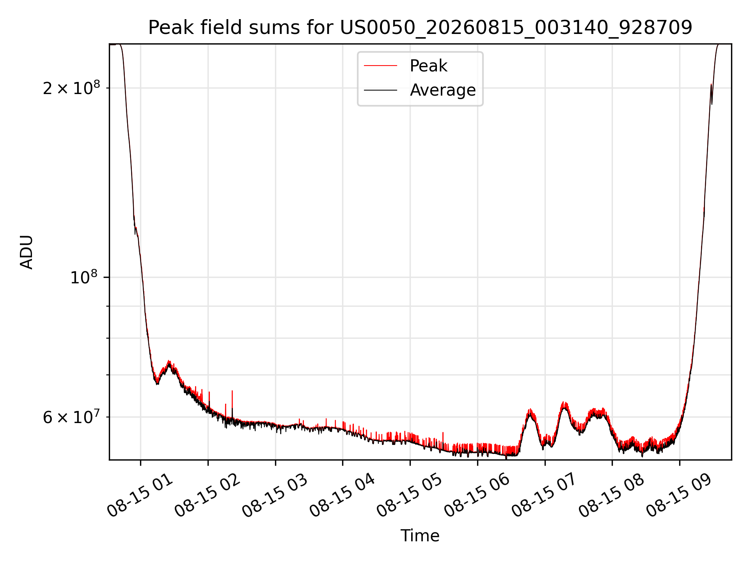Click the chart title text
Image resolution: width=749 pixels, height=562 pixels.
pos(420,28)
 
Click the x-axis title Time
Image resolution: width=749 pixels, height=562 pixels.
pos(420,536)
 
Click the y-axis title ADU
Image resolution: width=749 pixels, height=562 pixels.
pos(27,252)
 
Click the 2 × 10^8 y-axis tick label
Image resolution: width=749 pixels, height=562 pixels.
pos(71,88)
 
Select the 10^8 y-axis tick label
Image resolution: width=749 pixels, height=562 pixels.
pos(84,277)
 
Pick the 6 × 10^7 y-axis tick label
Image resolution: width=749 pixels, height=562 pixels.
pos(71,417)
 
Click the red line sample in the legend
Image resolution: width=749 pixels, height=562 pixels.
pos(381,66)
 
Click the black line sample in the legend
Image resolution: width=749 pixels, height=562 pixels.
pos(381,90)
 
